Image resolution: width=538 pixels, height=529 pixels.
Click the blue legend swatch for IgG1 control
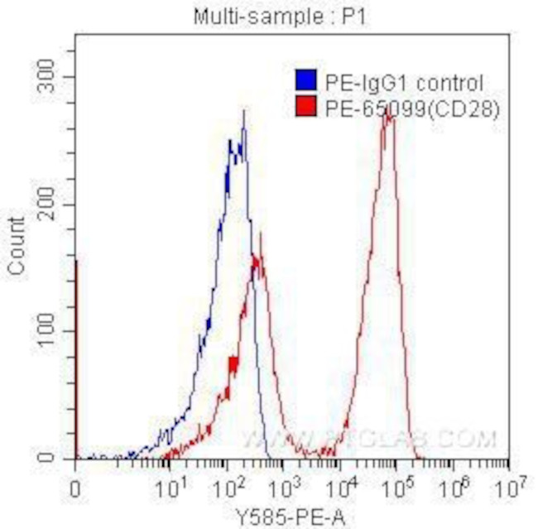pos(305,82)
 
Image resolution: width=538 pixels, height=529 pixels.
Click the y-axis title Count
pos(16,245)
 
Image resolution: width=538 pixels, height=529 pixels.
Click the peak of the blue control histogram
pos(244,110)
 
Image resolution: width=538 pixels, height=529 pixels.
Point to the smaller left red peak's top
pos(261,234)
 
